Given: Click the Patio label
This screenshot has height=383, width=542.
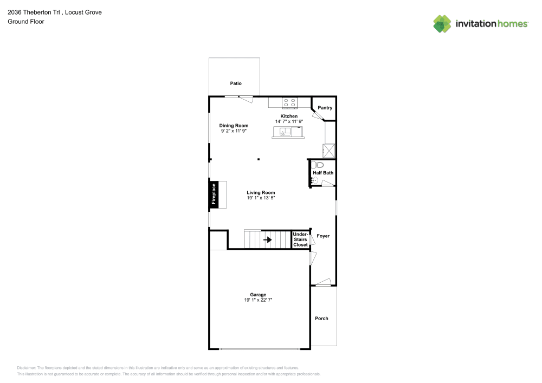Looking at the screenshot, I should [235, 83].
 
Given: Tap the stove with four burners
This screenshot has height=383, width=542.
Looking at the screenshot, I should [289, 102].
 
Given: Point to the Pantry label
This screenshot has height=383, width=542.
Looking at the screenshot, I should [325, 108].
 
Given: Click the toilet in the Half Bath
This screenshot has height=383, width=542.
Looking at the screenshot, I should [318, 164].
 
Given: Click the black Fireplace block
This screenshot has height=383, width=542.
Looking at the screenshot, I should [214, 194].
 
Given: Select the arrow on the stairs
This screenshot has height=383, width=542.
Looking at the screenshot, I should [267, 239].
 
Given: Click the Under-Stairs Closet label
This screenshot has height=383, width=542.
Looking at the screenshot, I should [300, 239].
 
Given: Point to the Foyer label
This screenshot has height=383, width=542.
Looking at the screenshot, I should [323, 236].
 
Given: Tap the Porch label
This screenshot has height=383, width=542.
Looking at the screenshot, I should [321, 319].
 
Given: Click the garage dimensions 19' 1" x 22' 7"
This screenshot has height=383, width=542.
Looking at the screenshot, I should [258, 300].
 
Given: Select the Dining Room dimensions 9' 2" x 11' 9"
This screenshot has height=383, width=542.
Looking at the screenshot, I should [234, 131].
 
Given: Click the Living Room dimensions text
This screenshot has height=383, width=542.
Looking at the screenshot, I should [261, 198].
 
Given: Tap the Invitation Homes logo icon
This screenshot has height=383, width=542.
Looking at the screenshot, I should [442, 23].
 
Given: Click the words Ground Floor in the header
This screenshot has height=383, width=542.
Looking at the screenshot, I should [26, 22].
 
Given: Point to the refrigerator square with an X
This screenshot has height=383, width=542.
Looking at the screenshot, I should [329, 150].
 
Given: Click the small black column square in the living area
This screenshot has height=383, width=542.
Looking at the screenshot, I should [259, 159].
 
